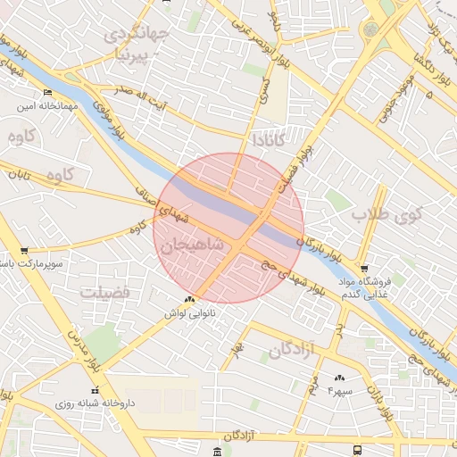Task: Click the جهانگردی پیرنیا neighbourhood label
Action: point(135,44)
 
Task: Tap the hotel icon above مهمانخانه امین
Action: point(47,93)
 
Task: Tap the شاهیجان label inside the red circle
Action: point(192,245)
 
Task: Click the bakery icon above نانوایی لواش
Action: point(188,300)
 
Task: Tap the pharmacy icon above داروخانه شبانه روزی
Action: point(95,390)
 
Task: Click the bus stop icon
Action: point(358,450)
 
